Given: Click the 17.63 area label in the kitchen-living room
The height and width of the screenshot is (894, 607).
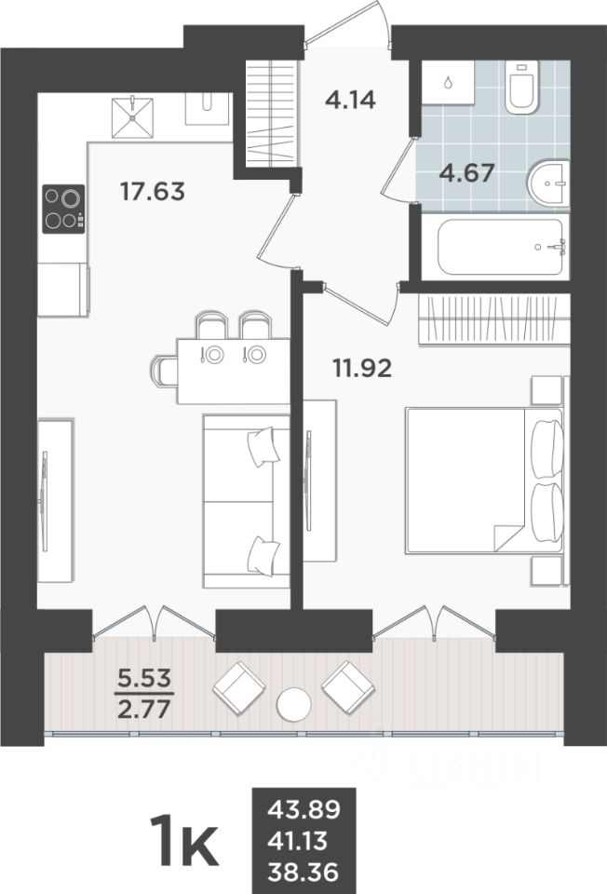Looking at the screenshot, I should click(x=154, y=192).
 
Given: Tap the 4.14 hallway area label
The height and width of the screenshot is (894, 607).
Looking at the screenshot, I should click(x=349, y=98).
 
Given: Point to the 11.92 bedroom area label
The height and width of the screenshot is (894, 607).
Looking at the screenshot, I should click(x=362, y=367).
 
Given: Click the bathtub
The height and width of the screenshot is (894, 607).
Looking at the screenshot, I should click(x=501, y=247).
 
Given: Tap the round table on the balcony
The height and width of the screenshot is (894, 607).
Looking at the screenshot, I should click(x=294, y=703).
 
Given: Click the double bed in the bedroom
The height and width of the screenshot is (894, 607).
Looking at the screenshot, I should click(x=484, y=480).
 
